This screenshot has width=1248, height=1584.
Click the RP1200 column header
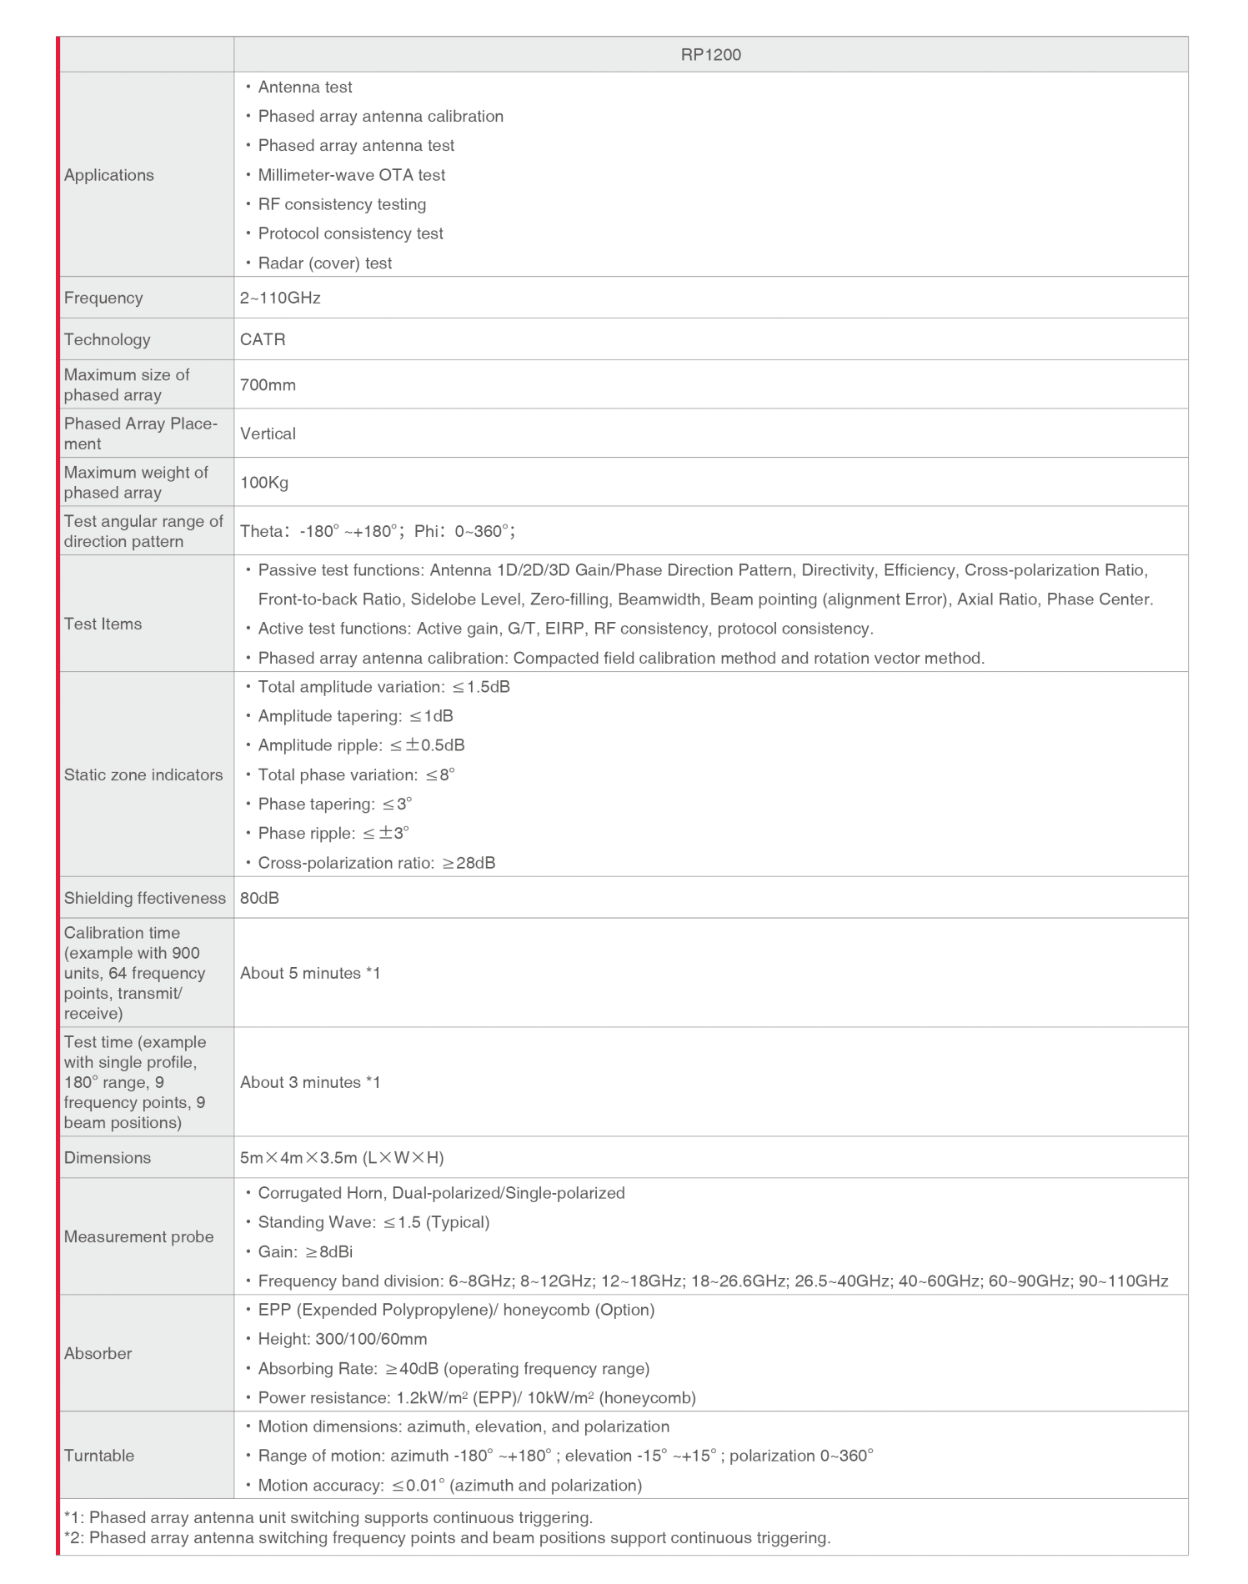pos(710,55)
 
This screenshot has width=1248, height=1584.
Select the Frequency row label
pos(103,298)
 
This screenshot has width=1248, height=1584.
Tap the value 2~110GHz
pos(280,298)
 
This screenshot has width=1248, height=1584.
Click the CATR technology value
pos(263,339)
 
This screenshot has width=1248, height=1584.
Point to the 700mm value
pos(268,384)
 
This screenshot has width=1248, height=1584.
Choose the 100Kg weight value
pos(264,482)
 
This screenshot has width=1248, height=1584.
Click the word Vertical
pos(268,434)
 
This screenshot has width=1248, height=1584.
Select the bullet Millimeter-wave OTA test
pos(351,175)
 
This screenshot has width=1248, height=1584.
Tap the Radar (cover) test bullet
pos(324,263)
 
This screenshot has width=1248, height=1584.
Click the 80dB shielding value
pos(259,898)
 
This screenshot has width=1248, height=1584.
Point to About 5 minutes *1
pos(310,973)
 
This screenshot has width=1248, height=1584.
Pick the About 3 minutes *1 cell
pos(310,1082)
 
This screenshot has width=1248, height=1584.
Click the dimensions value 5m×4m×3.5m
pos(342,1157)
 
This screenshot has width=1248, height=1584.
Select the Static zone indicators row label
pos(143,774)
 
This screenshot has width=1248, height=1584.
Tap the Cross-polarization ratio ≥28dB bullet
pos(376,863)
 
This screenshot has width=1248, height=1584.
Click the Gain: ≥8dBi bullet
pos(305,1251)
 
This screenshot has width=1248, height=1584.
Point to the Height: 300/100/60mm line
pos(342,1339)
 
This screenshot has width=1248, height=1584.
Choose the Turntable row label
pos(99,1456)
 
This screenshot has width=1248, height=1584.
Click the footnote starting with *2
pos(447,1537)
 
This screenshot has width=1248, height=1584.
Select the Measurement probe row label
pos(138,1236)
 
